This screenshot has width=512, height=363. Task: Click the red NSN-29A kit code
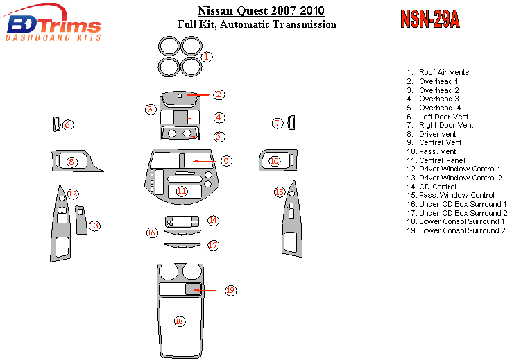tap(430, 19)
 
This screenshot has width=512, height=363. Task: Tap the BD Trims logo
tap(52, 24)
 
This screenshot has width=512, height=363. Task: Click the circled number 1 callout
tap(206, 57)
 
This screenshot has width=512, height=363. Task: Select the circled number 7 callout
tap(278, 123)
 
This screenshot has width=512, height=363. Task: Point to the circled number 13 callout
tap(94, 226)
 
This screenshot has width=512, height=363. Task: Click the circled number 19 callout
tap(230, 290)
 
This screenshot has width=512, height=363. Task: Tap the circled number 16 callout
tap(151, 233)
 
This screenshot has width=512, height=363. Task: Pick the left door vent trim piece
tap(56, 124)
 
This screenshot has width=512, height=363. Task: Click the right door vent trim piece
tap(291, 123)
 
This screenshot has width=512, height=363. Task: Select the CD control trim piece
tap(182, 221)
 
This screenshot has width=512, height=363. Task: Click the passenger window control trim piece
tap(292, 219)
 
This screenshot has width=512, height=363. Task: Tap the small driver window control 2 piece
tap(81, 219)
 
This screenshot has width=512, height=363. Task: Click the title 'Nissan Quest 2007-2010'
tap(261, 11)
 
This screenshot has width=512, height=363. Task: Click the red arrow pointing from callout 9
tap(205, 161)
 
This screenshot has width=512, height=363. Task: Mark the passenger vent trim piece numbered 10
tap(278, 160)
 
